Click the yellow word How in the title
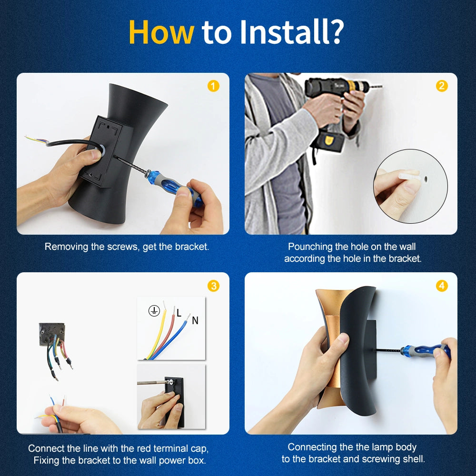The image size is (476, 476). pos(161,32)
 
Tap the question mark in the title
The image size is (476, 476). pos(337,31)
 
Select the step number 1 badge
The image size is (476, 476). pos(213,86)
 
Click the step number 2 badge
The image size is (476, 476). pos(442,86)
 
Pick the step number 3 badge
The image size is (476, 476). pos(213,286)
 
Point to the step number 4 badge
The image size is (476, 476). pos(442,286)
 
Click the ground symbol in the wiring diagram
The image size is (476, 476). pos(154,311)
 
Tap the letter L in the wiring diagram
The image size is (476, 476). pos(179,313)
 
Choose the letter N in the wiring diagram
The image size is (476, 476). pos(195,320)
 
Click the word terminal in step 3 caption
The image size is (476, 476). pos(171,448)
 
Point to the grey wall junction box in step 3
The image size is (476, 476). pos(52,334)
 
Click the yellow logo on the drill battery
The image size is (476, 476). pos(328,140)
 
